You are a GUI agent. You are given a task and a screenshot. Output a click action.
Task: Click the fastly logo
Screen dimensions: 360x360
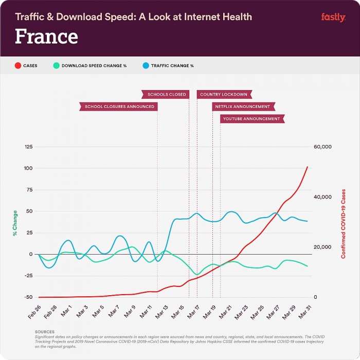(333, 17)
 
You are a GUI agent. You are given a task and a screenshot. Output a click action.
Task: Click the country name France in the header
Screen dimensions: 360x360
(46, 37)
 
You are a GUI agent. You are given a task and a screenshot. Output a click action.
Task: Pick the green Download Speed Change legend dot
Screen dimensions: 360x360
(56, 66)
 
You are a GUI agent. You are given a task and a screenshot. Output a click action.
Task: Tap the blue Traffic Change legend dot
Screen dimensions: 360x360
(145, 66)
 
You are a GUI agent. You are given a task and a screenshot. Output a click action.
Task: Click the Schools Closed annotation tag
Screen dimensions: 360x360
(166, 94)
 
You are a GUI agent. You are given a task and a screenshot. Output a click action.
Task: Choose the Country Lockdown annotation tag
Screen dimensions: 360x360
(223, 94)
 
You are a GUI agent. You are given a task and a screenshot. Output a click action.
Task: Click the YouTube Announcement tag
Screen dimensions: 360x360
(251, 119)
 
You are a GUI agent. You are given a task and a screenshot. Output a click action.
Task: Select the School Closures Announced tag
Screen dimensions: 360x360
(119, 106)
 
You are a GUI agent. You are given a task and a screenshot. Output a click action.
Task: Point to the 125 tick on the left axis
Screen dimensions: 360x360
(28, 147)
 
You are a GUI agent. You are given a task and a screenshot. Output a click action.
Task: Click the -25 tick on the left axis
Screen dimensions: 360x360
(29, 276)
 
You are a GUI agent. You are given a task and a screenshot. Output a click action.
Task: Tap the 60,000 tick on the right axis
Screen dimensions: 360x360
(323, 147)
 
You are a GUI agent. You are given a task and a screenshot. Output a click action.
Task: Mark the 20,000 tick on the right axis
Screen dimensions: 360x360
(323, 247)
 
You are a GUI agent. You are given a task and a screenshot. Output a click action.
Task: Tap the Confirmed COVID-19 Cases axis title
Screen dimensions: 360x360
(343, 223)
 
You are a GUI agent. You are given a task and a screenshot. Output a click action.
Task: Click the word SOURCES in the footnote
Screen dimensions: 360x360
(45, 332)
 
